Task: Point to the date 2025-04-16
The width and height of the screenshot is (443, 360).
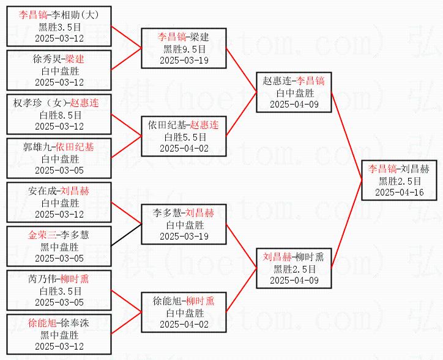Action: point(399,193)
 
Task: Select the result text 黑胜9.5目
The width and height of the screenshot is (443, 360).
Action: point(184,49)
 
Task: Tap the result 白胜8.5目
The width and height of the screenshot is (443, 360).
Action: point(60,115)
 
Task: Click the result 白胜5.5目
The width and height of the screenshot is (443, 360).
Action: point(185,137)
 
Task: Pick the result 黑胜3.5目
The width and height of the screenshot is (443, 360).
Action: point(59,27)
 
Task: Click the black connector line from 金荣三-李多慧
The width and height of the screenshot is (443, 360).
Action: point(126,235)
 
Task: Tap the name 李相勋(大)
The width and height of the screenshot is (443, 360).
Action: point(75,15)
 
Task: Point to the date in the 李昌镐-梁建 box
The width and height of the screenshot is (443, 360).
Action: point(184,61)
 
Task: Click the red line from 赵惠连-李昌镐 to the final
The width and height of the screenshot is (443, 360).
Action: point(346,136)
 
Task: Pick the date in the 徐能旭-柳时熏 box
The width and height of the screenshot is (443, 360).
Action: point(184,325)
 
